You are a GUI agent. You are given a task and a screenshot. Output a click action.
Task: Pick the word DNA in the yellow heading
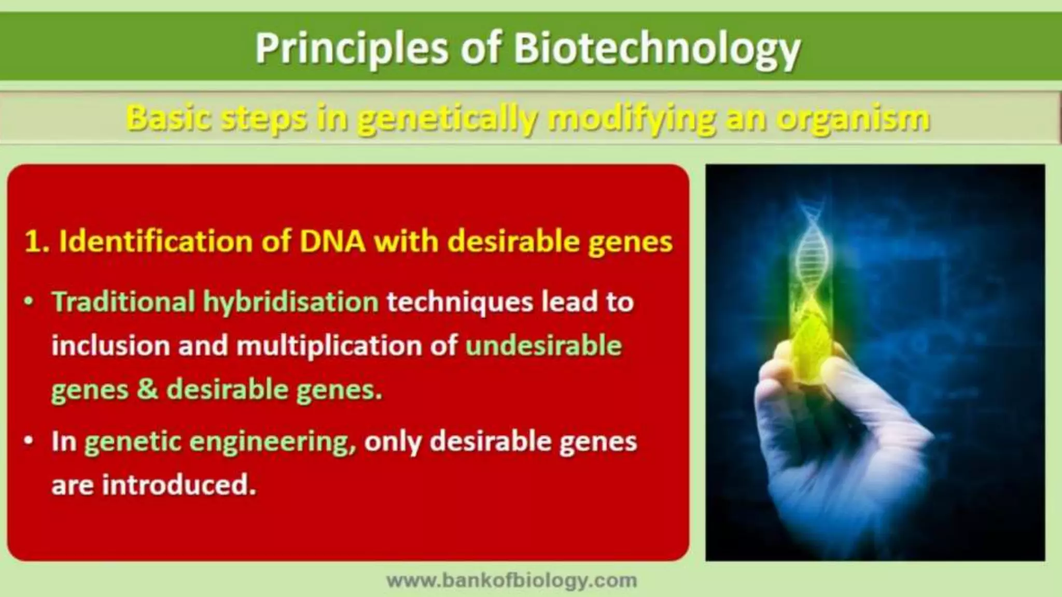click(332, 242)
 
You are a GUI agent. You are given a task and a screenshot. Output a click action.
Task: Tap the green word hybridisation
click(290, 302)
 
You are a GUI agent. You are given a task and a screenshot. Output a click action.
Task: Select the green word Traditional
click(123, 302)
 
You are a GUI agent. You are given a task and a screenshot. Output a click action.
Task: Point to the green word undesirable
click(543, 346)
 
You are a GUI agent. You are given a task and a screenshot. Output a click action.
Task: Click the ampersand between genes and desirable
click(147, 389)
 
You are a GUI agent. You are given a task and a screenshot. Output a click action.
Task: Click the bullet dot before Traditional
click(30, 302)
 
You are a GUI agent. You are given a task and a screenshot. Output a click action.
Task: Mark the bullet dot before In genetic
click(30, 442)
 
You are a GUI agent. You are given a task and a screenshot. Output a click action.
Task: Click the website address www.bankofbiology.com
click(511, 580)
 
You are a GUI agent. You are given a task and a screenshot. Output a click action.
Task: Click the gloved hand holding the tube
click(830, 430)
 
